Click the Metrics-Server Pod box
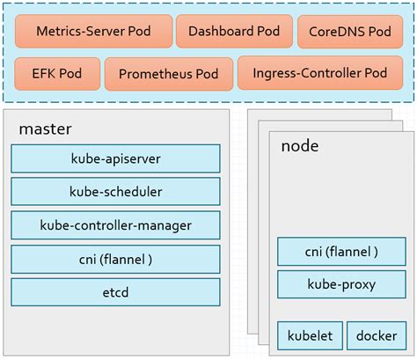pyautogui.click(x=93, y=31)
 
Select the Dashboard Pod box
pyautogui.click(x=233, y=31)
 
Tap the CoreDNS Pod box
pyautogui.click(x=349, y=31)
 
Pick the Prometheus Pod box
pyautogui.click(x=168, y=74)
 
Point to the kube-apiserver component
pyautogui.click(x=115, y=158)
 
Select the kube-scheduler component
pyautogui.click(x=115, y=191)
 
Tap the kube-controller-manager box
pyautogui.click(x=115, y=225)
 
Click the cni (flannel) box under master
pyautogui.click(x=115, y=259)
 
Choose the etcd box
pyautogui.click(x=115, y=291)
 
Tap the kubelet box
pyautogui.click(x=309, y=335)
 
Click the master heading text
pyautogui.click(x=45, y=129)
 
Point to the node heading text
pyautogui.click(x=299, y=145)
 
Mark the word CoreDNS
pyautogui.click(x=338, y=31)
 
